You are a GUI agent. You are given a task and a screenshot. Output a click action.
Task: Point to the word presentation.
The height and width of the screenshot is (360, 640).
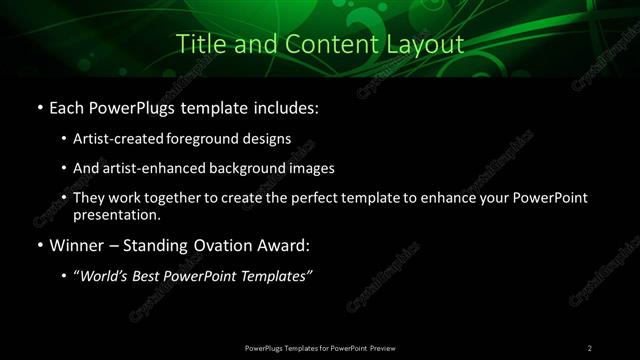[116, 215]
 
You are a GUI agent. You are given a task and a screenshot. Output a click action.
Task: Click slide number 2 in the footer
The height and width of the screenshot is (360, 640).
[590, 347]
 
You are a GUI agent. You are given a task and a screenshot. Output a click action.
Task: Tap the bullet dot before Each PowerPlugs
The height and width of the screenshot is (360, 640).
[38, 107]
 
